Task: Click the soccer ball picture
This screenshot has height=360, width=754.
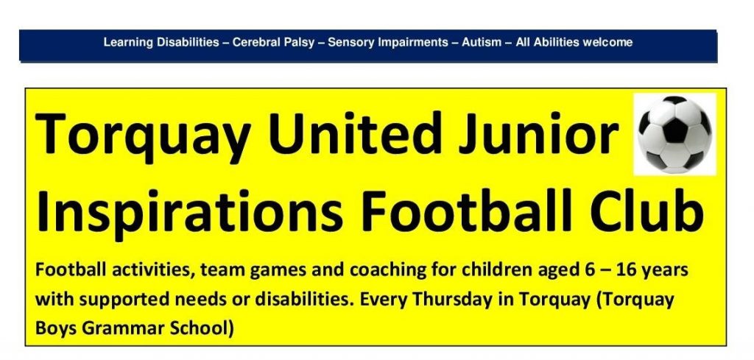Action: pos(674,134)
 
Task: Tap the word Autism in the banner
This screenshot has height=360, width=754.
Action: pos(479,42)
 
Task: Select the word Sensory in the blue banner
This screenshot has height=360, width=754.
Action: pos(346,43)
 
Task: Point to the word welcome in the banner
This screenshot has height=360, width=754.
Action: pos(607,42)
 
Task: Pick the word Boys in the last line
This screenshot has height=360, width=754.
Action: pos(56,329)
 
